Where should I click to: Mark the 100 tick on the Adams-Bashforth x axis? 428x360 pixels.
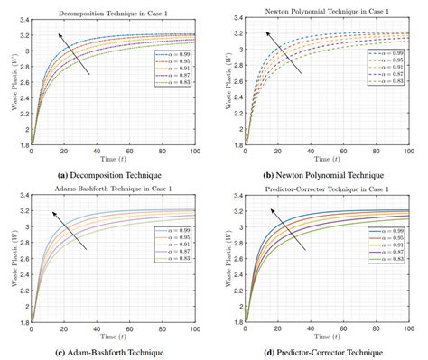pyautogui.click(x=200, y=324)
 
